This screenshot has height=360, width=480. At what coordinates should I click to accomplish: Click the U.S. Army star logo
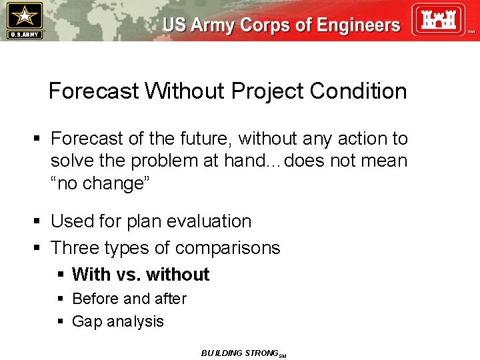(24, 20)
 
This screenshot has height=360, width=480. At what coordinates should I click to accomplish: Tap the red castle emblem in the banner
(437, 20)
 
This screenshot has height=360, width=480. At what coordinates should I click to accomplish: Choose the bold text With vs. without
(141, 275)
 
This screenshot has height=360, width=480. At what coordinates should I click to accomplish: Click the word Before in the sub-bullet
(95, 299)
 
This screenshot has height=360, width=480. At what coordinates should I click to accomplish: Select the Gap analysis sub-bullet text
(117, 321)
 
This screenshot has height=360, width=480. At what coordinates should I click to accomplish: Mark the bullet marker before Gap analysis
(60, 322)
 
